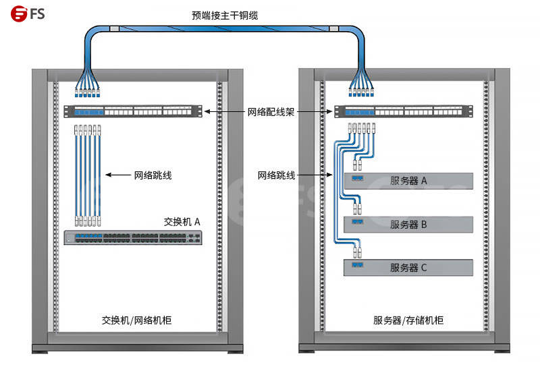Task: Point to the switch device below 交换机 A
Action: click(134, 237)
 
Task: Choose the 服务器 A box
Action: click(408, 181)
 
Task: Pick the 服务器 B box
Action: click(408, 225)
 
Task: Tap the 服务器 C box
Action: click(408, 267)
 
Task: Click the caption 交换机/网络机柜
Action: click(136, 320)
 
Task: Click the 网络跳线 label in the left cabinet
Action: click(153, 175)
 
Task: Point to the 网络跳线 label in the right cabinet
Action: click(277, 175)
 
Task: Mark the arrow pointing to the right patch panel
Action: click(315, 111)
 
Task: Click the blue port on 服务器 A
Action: click(357, 179)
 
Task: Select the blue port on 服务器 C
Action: click(357, 265)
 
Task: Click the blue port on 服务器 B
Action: click(357, 222)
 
